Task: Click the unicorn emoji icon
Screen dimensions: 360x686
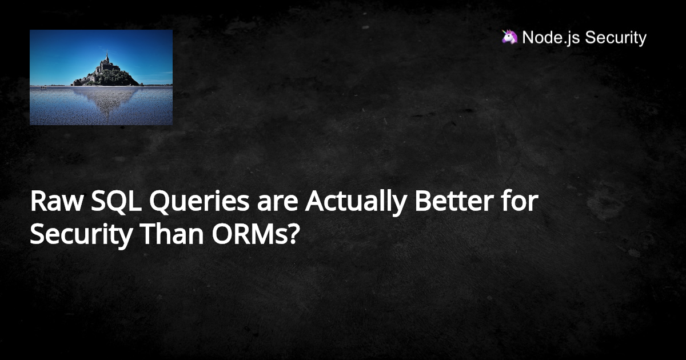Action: click(509, 37)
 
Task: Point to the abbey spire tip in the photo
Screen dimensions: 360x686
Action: click(106, 54)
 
